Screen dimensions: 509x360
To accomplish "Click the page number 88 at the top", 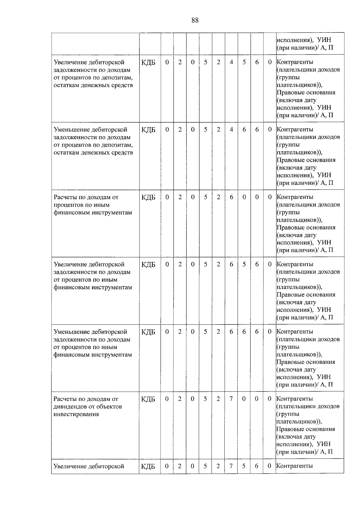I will [195, 20].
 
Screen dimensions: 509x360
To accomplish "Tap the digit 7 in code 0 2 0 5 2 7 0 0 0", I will [231, 399].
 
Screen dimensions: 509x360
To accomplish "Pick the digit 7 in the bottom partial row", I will [231, 466].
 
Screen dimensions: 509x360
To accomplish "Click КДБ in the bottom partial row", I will [148, 466].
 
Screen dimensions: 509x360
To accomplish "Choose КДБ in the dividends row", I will [148, 399].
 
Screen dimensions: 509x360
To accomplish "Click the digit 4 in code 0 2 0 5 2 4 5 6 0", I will [231, 62].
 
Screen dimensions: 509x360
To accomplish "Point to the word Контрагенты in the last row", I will [295, 466].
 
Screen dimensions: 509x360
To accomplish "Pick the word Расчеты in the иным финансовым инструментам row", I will [64, 197].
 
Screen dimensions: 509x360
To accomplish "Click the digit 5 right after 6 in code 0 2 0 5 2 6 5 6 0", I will [244, 264].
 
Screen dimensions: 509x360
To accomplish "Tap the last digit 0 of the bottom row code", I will [269, 466].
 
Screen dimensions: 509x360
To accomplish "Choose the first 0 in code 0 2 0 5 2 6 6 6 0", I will [167, 331].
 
